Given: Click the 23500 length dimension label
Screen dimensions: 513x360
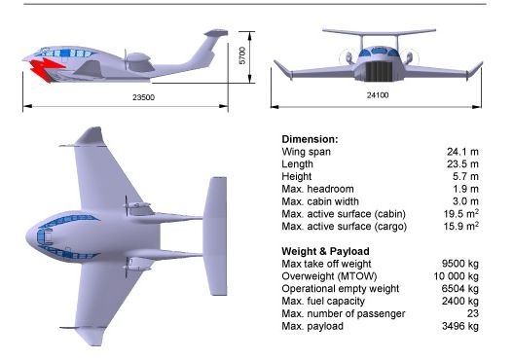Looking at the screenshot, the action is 143,97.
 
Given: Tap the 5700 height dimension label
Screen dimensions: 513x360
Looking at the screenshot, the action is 242,55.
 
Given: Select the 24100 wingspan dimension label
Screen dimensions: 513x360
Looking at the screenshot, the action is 378,95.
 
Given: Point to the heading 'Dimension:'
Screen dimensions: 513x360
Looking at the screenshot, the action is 310,139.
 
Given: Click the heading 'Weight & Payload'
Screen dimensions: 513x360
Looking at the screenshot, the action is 325,251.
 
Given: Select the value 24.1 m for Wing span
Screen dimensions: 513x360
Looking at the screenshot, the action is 462,152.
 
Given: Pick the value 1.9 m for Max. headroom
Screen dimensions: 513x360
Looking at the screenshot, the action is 465,189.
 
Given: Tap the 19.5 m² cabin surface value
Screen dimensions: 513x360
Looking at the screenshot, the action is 461,214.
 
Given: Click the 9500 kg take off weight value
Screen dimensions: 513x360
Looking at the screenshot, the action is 460,264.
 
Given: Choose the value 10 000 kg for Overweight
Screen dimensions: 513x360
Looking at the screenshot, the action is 457,276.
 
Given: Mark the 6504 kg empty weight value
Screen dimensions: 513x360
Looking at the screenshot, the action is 460,288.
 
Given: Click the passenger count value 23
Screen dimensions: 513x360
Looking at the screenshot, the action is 473,313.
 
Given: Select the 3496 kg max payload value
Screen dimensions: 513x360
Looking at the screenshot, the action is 460,326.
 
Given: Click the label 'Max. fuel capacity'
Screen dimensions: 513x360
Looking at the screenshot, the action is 323,301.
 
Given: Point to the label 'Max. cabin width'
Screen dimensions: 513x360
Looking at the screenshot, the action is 320,201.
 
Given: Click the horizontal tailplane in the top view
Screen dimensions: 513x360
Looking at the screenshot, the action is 214,236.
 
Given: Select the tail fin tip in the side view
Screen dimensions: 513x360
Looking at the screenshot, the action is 216,32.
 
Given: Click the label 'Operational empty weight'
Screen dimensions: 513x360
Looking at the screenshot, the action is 341,288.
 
